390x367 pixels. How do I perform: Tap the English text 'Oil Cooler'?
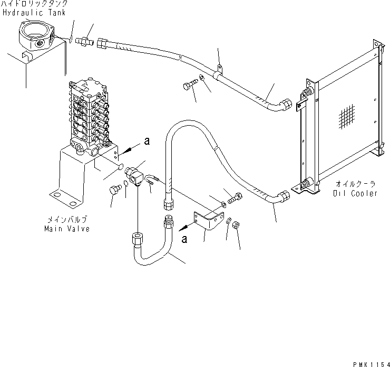pyautogui.click(x=355, y=193)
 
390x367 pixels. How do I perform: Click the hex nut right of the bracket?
pyautogui.click(x=237, y=224)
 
